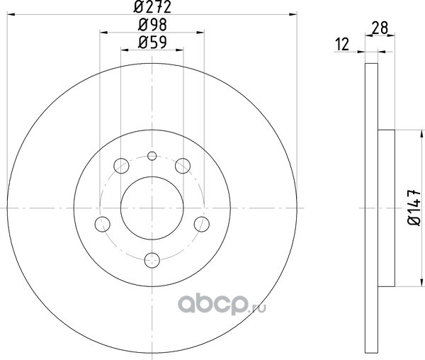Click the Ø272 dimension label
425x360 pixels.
pyautogui.click(x=152, y=7)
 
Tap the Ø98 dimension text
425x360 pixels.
pyautogui.click(x=152, y=25)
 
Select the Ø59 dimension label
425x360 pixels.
pyautogui.click(x=152, y=43)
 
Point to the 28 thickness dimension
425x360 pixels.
pyautogui.click(x=380, y=28)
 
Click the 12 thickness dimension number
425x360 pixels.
pyautogui.click(x=342, y=45)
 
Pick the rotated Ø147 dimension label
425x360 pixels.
pyautogui.click(x=414, y=208)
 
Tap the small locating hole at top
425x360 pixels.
pyautogui.click(x=152, y=156)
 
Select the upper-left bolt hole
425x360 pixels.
pyautogui.click(x=121, y=166)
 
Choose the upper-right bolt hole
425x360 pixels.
pyautogui.click(x=183, y=166)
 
